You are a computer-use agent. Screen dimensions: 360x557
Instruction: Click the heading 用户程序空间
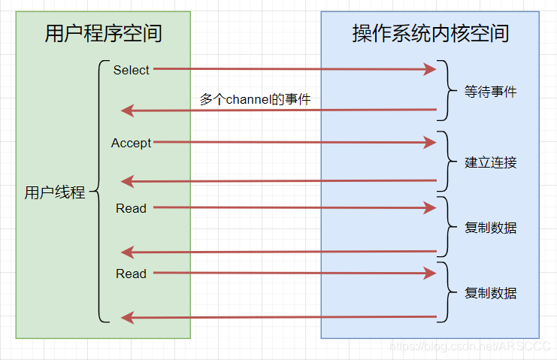[103, 34]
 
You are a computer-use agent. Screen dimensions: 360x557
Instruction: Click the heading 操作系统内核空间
[430, 34]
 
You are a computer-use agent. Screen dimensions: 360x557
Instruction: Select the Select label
[132, 70]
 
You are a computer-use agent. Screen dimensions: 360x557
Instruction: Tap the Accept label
[132, 143]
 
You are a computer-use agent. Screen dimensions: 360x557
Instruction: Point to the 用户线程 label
[55, 192]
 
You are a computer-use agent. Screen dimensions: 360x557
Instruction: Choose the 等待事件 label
[491, 92]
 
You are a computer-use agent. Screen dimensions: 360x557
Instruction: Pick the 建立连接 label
[491, 162]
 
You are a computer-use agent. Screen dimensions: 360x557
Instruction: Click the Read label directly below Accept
[131, 208]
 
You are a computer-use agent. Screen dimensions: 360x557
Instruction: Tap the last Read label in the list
[131, 274]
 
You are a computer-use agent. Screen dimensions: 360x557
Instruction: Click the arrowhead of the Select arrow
[430, 70]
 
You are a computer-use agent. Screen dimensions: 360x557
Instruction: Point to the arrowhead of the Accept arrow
[430, 142]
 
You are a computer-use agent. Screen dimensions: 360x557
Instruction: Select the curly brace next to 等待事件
[450, 92]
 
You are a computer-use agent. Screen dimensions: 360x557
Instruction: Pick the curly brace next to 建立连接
[450, 162]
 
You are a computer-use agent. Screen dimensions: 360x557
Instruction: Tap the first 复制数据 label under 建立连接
[491, 228]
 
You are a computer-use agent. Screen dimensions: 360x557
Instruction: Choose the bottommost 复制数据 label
[491, 293]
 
